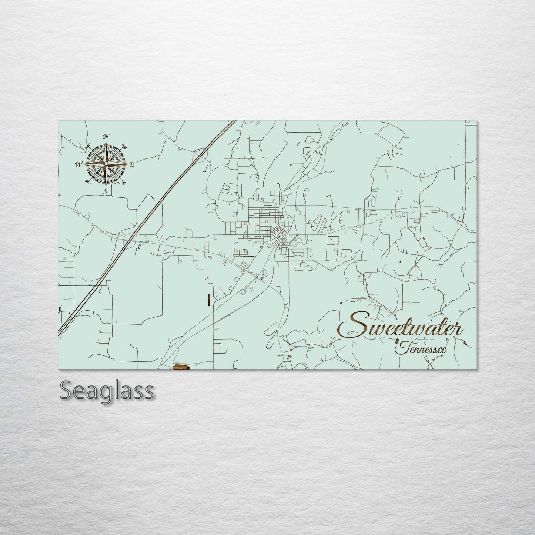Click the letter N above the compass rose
pyautogui.click(x=106, y=136)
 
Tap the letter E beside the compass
pyautogui.click(x=132, y=164)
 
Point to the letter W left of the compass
pyautogui.click(x=79, y=164)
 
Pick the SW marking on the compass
pyautogui.click(x=88, y=182)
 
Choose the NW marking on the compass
pyautogui.click(x=88, y=147)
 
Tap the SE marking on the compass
pyautogui.click(x=124, y=181)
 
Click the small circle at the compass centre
pyautogui.click(x=106, y=164)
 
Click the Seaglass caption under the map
pyautogui.click(x=106, y=390)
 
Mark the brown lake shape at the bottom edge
pyautogui.click(x=181, y=367)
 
